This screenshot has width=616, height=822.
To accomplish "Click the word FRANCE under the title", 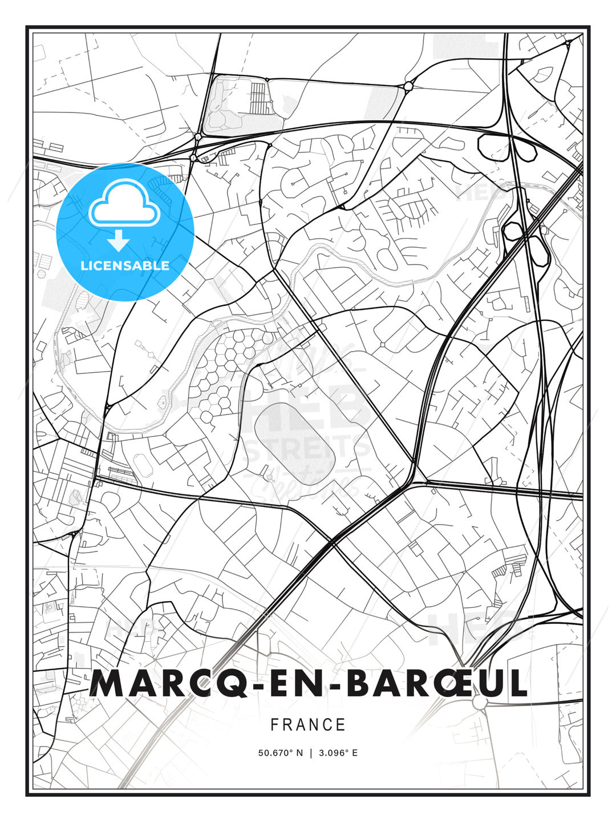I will click(308, 725).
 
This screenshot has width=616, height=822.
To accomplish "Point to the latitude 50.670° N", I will click(281, 753).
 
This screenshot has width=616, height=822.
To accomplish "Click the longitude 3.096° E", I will click(338, 753).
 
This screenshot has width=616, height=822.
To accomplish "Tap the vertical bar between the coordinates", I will click(311, 753).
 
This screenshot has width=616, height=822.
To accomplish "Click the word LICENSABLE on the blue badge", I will click(125, 265).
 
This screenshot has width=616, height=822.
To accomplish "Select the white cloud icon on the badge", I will click(123, 203).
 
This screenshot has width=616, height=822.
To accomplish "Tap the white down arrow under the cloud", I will click(118, 240).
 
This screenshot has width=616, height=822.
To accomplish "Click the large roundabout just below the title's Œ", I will click(480, 702).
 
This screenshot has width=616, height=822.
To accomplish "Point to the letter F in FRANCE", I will click(274, 725).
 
